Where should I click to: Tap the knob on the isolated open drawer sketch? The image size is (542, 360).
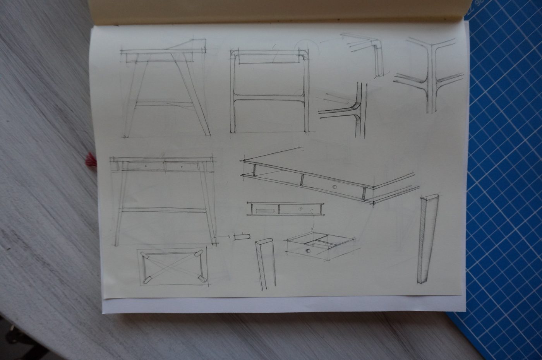point(308,252)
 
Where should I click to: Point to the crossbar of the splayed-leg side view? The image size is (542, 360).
point(165,104)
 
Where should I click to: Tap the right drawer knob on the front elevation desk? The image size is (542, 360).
point(182,166)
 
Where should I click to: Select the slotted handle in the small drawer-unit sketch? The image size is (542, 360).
point(264,211)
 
